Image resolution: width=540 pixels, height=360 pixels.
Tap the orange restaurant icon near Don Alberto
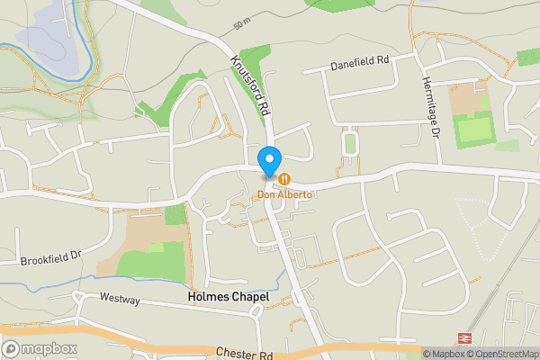[x=284, y=179]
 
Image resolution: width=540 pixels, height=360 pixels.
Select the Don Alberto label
[x=285, y=193]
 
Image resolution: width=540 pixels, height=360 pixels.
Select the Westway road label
[x=120, y=300]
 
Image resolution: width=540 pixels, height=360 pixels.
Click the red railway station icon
[x=466, y=337]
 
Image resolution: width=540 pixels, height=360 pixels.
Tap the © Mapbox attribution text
[x=444, y=354]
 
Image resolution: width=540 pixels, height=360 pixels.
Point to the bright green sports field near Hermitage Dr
[x=473, y=131]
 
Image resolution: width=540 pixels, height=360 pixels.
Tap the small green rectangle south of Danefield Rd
[x=350, y=143]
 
